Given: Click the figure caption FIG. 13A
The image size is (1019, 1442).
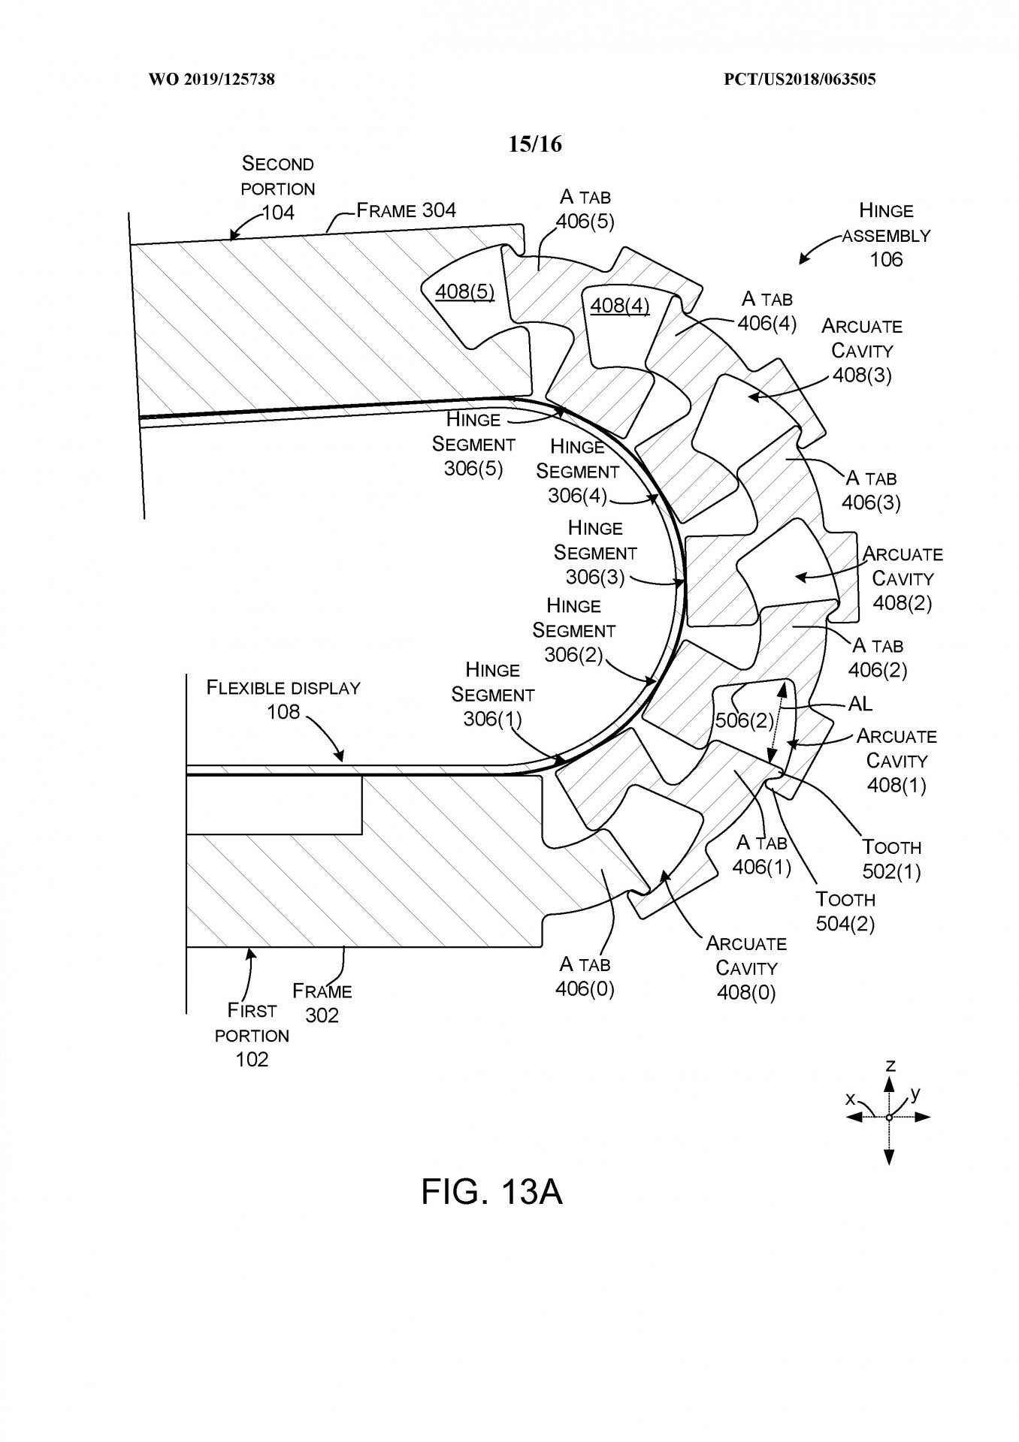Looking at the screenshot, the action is tap(491, 1191).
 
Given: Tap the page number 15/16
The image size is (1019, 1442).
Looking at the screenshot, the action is tap(534, 143).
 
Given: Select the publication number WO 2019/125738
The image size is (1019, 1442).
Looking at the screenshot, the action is tap(212, 79).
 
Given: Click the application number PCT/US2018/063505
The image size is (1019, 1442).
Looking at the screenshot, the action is tap(800, 79).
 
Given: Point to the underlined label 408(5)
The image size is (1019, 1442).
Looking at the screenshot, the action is tap(465, 291).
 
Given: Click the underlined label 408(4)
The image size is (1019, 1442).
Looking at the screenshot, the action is tap(620, 305).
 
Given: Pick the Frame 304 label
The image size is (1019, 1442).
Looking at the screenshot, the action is tap(406, 210).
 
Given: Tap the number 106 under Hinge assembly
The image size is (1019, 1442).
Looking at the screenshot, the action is tap(886, 260).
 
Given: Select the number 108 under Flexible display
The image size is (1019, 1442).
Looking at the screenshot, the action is tap(283, 711).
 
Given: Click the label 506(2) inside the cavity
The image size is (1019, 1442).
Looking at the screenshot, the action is tap(744, 721).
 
